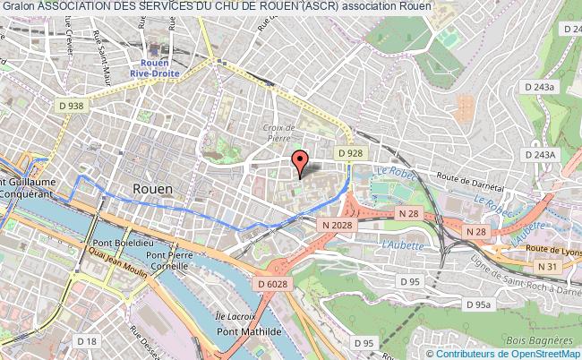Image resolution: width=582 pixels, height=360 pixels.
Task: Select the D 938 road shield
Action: pyautogui.click(x=71, y=105)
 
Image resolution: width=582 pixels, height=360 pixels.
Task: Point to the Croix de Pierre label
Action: pyautogui.click(x=279, y=133)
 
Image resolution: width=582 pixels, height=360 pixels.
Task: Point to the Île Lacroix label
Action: pyautogui.click(x=237, y=317)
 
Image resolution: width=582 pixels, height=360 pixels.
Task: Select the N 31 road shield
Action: pyautogui.click(x=546, y=266)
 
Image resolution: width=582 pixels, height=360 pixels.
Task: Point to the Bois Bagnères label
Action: pyautogui.click(x=538, y=340)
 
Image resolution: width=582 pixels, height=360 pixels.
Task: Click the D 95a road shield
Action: pyautogui.click(x=483, y=305)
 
